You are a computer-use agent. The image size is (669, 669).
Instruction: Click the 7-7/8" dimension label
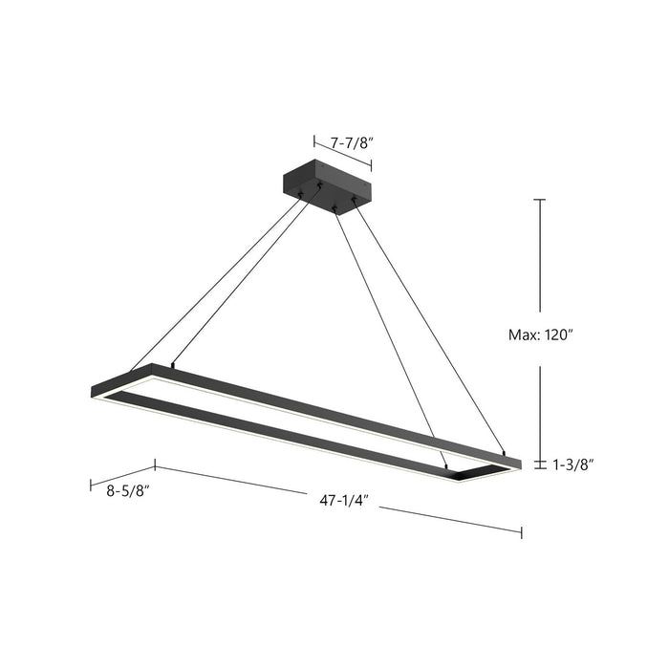coord(352,142)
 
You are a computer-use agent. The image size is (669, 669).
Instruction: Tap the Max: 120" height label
coord(539,335)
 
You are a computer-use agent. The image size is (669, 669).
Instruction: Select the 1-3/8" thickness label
coord(572,464)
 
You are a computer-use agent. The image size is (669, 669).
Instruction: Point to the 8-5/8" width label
coord(127,489)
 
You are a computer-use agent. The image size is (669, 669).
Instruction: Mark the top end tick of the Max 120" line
coord(540,200)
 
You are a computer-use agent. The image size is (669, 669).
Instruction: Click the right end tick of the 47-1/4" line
coord(522,530)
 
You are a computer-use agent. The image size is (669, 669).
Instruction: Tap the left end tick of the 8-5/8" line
coord(91,485)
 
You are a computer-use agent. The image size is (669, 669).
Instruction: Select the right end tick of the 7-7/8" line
coord(371,165)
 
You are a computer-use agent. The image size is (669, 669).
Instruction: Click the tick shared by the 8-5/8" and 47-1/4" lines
coord(156,466)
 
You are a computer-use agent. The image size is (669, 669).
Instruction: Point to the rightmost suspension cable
coord(430,325)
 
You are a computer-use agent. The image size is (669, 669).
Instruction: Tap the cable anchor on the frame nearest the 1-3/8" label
coord(504,450)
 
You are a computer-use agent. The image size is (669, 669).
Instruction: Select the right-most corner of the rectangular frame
coord(521,463)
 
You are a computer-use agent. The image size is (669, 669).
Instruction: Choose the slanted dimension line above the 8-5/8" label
coord(123,475)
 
